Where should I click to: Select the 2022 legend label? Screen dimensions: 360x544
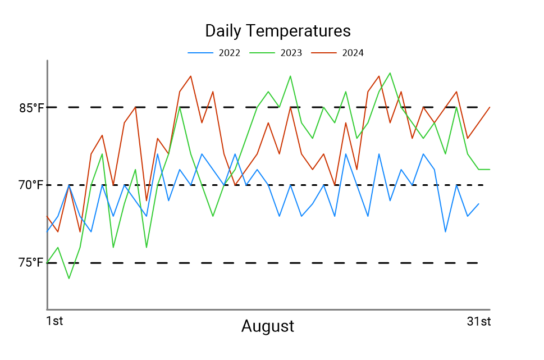tap(230, 53)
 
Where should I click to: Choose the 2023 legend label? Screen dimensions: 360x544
tap(291, 53)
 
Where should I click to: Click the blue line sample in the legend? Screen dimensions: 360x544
tap(201, 53)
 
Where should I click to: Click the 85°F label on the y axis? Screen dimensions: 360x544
tap(31, 107)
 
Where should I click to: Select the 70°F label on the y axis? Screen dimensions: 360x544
tap(31, 185)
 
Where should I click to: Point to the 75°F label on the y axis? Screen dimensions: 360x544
tap(31, 262)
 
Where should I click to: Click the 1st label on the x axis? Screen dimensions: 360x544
tap(54, 322)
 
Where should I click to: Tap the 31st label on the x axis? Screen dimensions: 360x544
tap(479, 322)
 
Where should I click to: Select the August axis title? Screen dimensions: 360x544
tap(268, 326)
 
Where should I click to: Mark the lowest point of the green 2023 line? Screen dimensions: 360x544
tap(69, 279)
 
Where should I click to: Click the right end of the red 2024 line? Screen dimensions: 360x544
tap(490, 107)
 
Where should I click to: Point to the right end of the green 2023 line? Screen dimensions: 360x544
tap(490, 169)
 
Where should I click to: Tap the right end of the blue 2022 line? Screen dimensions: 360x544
tap(479, 204)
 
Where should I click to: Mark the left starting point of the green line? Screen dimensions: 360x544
tap(47, 262)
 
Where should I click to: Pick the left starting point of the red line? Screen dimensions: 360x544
tap(47, 216)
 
